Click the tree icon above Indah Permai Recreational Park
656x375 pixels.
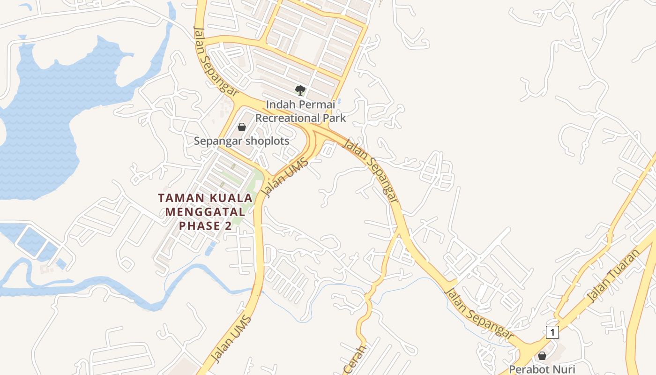pos(300,90)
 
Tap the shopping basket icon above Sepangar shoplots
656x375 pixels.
pos(242,127)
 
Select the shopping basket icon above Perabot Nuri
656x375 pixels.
pos(542,356)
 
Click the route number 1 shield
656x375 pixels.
pos(552,332)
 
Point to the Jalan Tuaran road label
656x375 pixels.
pos(613,277)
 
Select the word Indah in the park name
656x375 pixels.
pos(280,104)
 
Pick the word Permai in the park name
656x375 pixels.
pos(317,104)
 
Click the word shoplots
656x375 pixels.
pos(266,141)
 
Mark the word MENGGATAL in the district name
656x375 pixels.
pos(205,212)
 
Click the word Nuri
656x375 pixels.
pos(566,369)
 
